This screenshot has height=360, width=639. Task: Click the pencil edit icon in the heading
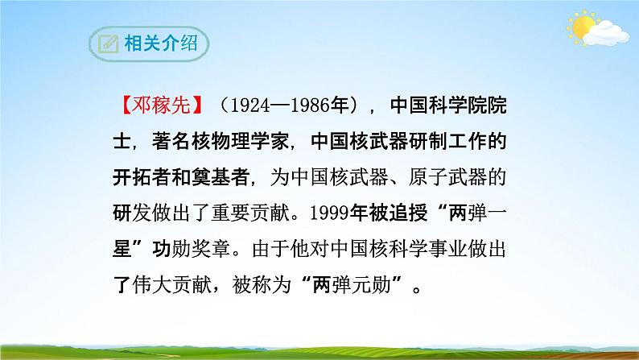click(104, 43)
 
